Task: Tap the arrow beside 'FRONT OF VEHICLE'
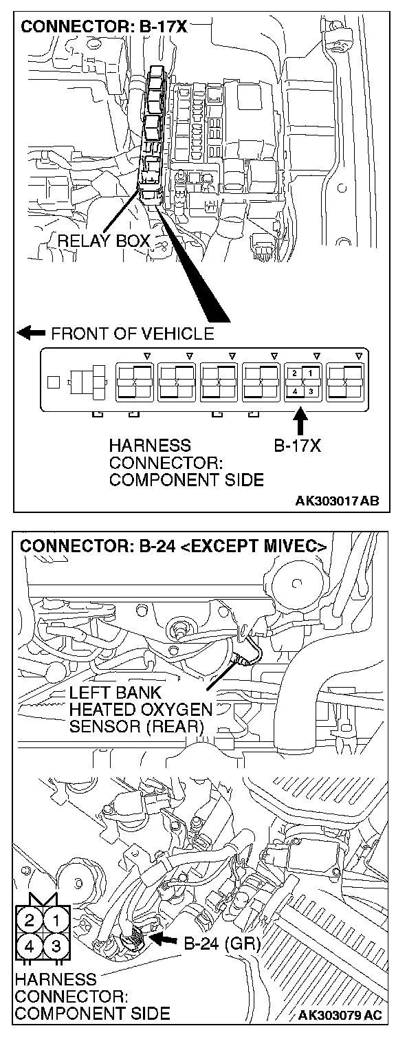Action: click(x=30, y=334)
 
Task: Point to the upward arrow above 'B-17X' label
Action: click(x=300, y=421)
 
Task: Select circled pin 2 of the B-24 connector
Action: click(x=29, y=918)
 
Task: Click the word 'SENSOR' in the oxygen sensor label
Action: click(x=99, y=727)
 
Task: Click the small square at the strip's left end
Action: click(x=52, y=380)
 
